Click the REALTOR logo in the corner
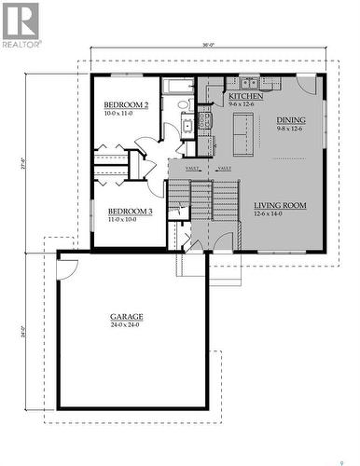click(21, 25)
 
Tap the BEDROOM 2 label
click(126, 105)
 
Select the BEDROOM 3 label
click(130, 212)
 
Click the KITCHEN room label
click(245, 97)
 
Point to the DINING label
click(291, 120)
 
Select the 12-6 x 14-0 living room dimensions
click(273, 214)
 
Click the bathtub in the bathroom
click(177, 88)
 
